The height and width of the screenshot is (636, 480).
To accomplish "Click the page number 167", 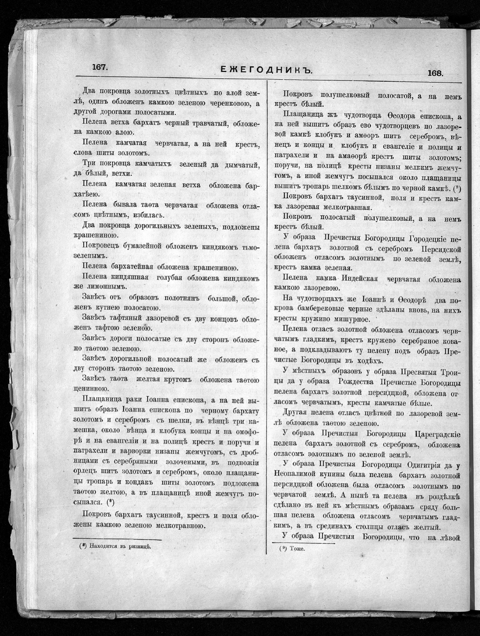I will pyautogui.click(x=99, y=67).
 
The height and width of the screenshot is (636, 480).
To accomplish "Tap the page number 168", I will pyautogui.click(x=435, y=73).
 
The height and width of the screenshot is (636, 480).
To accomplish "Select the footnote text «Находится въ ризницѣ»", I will pyautogui.click(x=118, y=546).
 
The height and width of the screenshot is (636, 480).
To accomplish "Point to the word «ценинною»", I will pyautogui.click(x=90, y=389).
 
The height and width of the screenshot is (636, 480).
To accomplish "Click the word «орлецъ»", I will pyautogui.click(x=82, y=473).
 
